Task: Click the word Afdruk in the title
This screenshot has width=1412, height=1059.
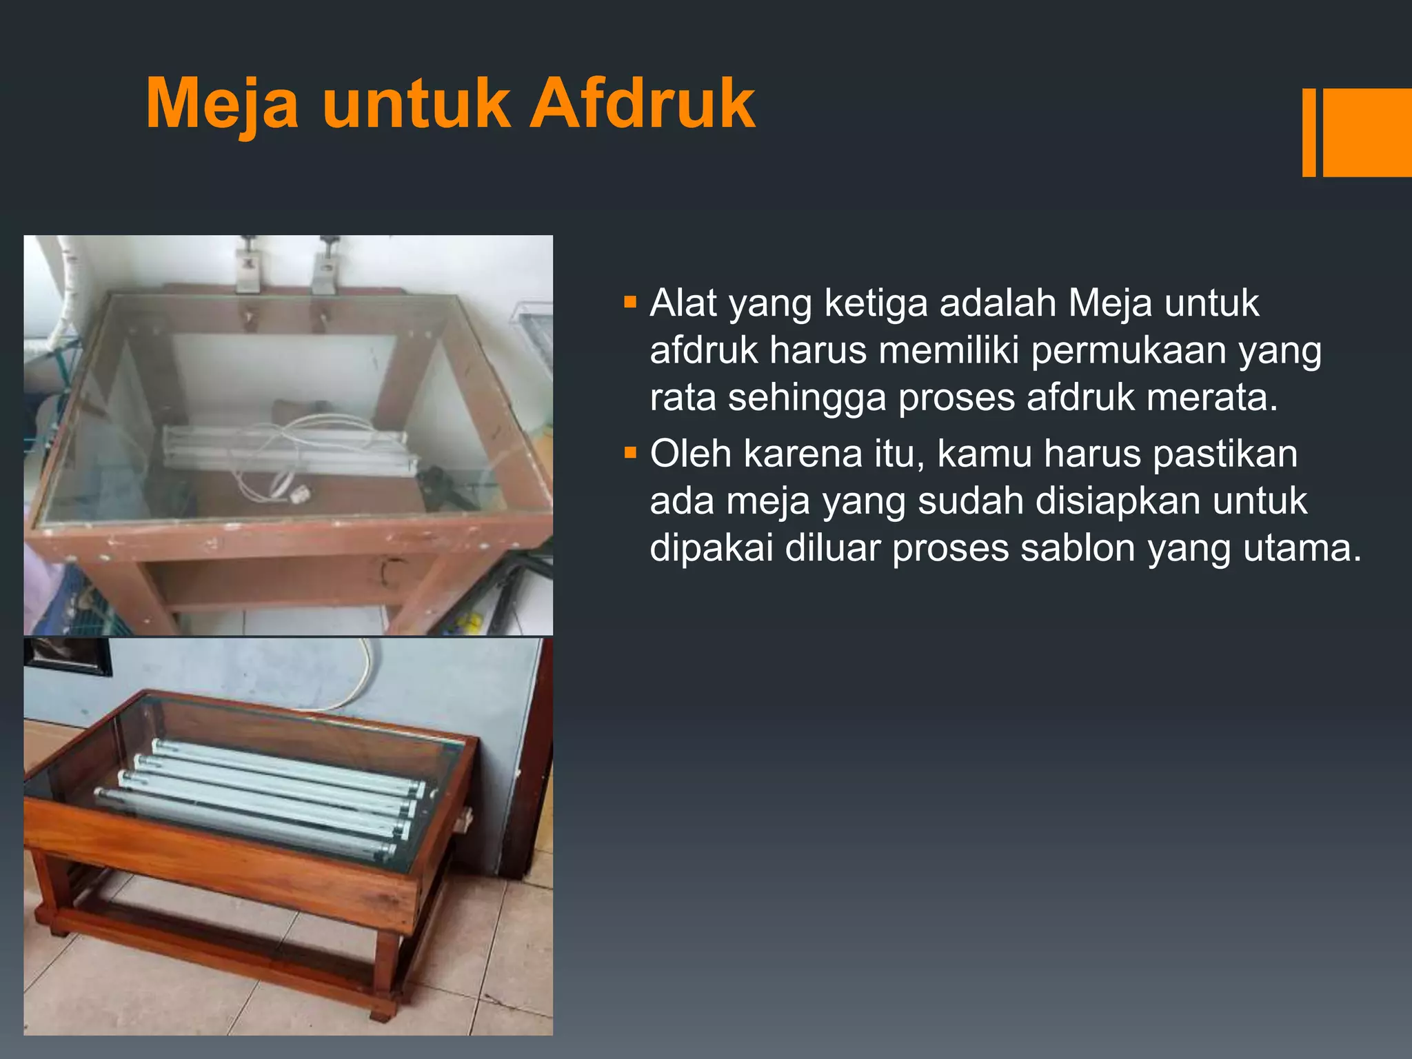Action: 642,104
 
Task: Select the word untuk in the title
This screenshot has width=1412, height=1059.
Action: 416,104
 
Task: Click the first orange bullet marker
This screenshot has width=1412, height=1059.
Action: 629,302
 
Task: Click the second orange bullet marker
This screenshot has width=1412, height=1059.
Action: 629,453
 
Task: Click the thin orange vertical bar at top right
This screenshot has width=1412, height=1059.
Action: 1309,132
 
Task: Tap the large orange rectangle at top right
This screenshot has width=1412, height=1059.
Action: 1367,132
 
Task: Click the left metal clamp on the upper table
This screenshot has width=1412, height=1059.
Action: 248,265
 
